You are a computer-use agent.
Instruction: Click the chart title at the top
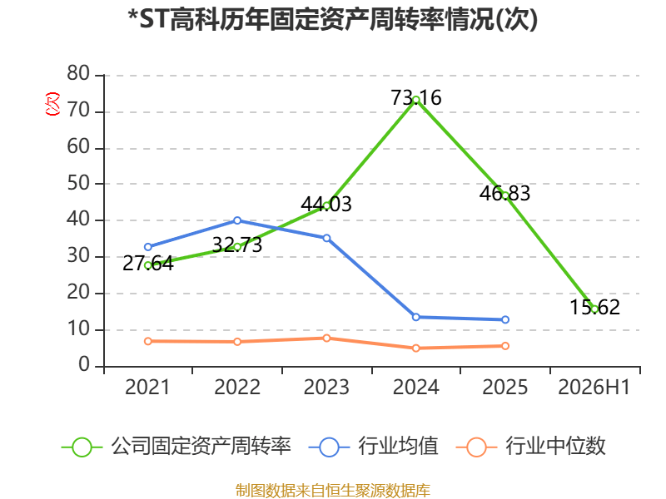point(333,20)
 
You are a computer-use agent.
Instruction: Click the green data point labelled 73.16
point(416,100)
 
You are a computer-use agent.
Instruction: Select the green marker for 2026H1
point(594,309)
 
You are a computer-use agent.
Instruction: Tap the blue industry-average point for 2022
point(237,220)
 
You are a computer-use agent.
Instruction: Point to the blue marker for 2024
point(416,317)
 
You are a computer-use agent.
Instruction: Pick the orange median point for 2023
point(326,338)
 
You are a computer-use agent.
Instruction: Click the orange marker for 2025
point(505,346)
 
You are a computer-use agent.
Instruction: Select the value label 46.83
point(505,194)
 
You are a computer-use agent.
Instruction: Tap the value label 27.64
point(148,264)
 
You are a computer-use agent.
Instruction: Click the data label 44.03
point(326,204)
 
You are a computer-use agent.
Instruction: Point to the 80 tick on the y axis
point(78,74)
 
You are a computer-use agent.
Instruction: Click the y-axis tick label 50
point(78,183)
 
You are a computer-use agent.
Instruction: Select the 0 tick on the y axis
point(84,365)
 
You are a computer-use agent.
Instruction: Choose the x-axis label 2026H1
point(594,388)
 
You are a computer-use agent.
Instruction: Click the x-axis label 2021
point(147,388)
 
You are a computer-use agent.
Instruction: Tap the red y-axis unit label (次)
point(52,104)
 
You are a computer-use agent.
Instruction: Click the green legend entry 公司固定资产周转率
point(176,447)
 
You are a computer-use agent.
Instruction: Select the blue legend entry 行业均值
point(373,447)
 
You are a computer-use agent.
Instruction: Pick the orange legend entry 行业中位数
point(530,447)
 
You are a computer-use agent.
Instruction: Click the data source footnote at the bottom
point(333,491)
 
